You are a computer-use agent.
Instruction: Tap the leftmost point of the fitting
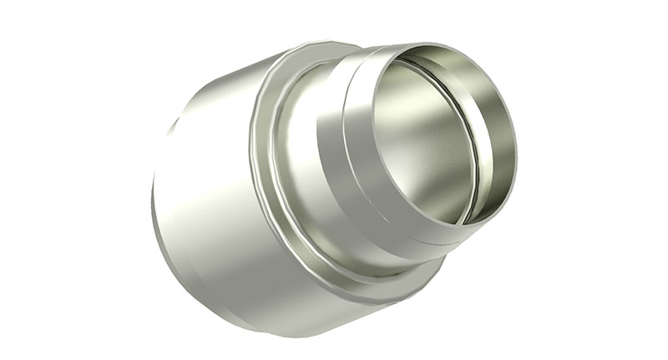click(x=152, y=200)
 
